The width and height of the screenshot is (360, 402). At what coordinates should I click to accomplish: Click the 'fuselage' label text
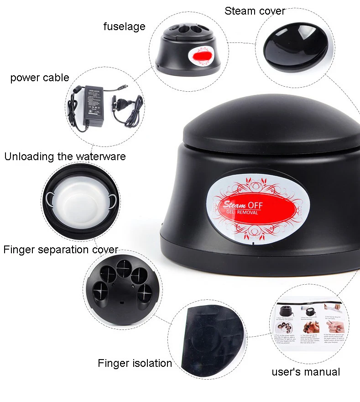pos(124,26)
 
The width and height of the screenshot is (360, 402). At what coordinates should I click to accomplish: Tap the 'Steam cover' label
pos(255,11)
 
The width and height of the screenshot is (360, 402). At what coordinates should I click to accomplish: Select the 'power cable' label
pos(40,78)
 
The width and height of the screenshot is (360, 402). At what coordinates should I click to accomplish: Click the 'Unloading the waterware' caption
pos(65,157)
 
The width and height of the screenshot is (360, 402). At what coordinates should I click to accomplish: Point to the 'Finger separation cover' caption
pos(61,250)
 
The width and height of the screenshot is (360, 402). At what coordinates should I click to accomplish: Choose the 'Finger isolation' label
pos(135,363)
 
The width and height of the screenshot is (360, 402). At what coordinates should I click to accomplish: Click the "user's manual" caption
pos(306,372)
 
